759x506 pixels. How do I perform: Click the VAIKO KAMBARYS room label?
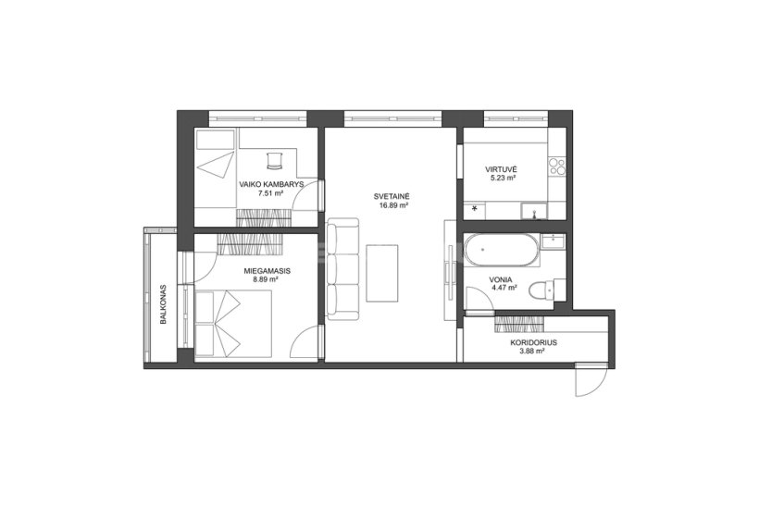pos(271,184)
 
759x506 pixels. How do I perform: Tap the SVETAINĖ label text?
pos(392,196)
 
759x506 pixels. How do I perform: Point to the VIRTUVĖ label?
pos(501,169)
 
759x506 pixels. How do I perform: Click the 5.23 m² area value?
pos(501,178)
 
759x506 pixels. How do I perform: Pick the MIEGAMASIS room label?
pos(268,271)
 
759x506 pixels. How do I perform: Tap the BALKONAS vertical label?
pos(164,303)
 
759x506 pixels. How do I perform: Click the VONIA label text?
pos(501,279)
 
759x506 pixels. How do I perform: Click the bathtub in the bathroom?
pos(502,250)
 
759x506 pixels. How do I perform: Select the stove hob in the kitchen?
pos(556,167)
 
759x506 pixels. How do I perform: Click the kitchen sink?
pos(533,211)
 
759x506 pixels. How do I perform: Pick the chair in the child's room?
pos(274,160)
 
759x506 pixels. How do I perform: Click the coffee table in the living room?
pos(382,273)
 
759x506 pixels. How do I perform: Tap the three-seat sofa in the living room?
pos(342,268)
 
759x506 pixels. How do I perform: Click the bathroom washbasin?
pos(553,241)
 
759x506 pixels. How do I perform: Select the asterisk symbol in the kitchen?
pos(474,209)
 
